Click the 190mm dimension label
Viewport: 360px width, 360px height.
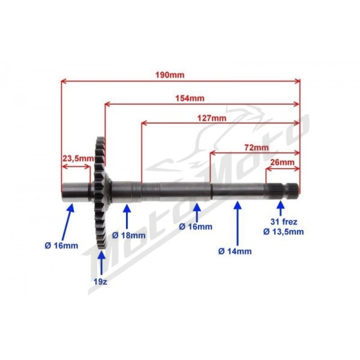(x=170, y=75)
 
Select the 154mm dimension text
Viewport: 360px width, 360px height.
(x=190, y=98)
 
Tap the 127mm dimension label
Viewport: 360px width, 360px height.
(x=212, y=118)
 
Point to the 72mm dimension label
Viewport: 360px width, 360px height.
(x=256, y=148)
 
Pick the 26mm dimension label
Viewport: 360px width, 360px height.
(x=282, y=162)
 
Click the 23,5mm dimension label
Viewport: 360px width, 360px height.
(x=78, y=158)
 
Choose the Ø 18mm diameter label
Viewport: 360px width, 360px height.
(x=128, y=235)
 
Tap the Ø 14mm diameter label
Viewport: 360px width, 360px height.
(x=235, y=251)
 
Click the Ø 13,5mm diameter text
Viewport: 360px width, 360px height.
(x=283, y=232)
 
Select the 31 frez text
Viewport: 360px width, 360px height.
(x=284, y=222)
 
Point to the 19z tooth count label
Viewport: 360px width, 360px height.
(x=100, y=282)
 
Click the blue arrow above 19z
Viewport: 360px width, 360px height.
(x=101, y=262)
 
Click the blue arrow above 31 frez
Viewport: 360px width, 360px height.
(x=280, y=208)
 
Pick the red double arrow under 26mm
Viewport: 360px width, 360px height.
(x=283, y=169)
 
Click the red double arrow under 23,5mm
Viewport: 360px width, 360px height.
(x=76, y=166)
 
